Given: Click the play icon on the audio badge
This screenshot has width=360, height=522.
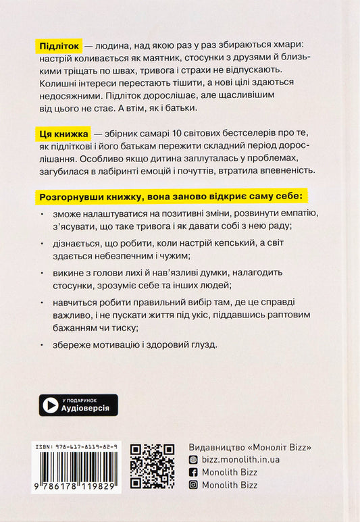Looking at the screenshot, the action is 51,404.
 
